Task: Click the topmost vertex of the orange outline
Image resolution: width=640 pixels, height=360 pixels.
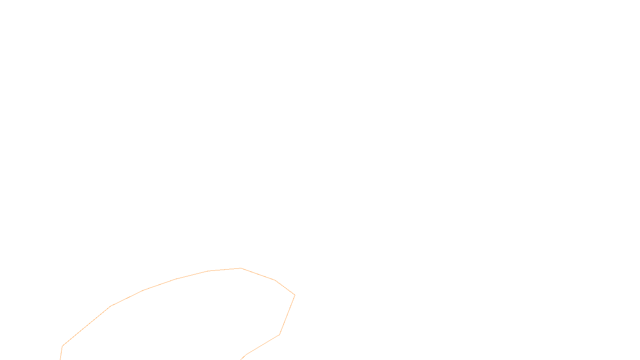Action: pyautogui.click(x=241, y=268)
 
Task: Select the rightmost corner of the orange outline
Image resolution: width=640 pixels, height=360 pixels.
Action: pyautogui.click(x=295, y=295)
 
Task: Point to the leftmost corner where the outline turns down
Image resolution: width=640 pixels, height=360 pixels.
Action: pyautogui.click(x=62, y=346)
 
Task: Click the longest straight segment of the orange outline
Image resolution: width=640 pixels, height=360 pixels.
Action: pyautogui.click(x=86, y=326)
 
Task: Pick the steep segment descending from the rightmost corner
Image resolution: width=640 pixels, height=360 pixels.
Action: pyautogui.click(x=287, y=315)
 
